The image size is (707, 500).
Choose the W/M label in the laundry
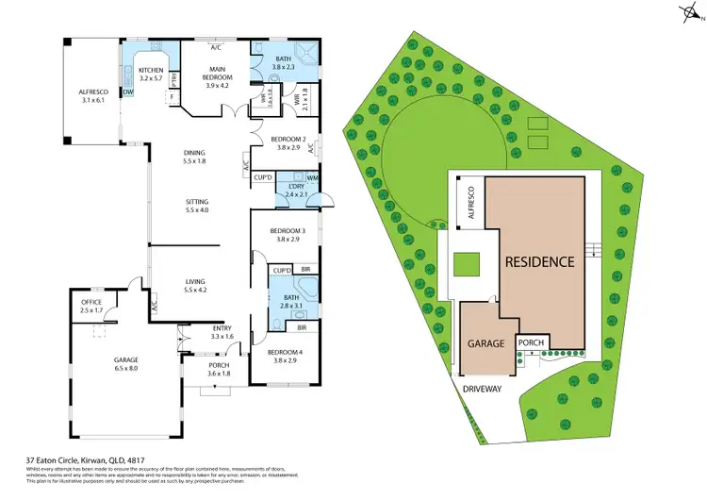click(x=312, y=178)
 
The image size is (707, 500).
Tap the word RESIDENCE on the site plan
click(x=537, y=261)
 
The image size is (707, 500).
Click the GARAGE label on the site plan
click(x=486, y=344)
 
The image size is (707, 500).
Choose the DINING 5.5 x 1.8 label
click(x=197, y=156)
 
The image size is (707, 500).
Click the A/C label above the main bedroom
click(x=216, y=47)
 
